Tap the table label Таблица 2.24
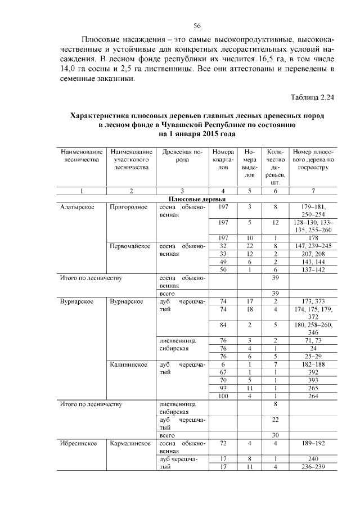312,97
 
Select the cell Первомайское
130,246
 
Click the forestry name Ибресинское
76,443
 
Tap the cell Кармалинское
130,443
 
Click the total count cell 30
276,435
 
